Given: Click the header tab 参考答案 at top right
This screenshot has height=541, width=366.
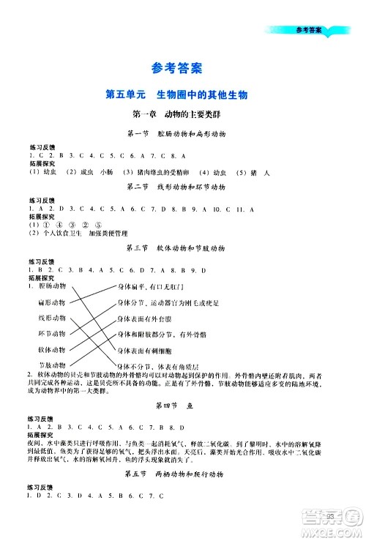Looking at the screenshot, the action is coord(308,30).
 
